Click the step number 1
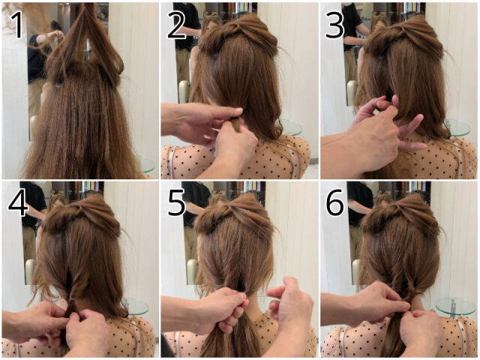tap(16, 25)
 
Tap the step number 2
tap(177, 25)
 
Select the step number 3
tap(335, 25)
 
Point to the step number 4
tap(18, 203)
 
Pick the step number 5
tap(177, 203)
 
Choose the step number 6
tap(335, 203)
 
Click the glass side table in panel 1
tap(148, 165)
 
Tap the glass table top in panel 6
tap(455, 306)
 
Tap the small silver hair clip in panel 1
tap(57, 86)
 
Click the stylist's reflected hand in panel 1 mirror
tap(58, 34)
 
